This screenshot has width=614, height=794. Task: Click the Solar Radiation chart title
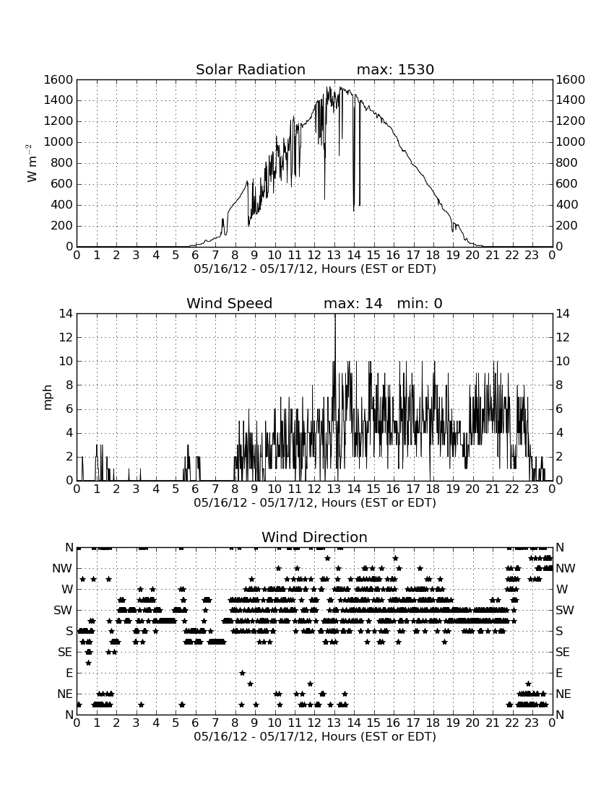tap(250, 69)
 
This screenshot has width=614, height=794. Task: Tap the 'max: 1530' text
tap(395, 69)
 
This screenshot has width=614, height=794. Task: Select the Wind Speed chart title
tap(229, 303)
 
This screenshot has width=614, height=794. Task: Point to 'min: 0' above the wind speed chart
tap(420, 303)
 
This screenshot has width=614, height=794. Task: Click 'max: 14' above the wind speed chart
tap(353, 303)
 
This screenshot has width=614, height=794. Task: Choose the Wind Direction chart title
tap(314, 537)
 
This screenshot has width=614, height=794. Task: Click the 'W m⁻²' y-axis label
tap(31, 163)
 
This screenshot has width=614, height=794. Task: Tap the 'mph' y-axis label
tap(48, 398)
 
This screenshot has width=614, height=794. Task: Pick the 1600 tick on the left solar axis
tap(59, 80)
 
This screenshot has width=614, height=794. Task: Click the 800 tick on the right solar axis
tap(567, 163)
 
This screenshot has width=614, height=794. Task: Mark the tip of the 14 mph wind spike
tap(335, 315)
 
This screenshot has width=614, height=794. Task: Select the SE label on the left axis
tap(65, 653)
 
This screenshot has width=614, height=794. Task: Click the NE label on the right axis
tap(563, 694)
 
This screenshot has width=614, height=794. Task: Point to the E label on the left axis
tap(69, 673)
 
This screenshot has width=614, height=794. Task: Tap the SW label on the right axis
tap(565, 611)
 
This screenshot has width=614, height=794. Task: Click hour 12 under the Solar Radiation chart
tap(315, 256)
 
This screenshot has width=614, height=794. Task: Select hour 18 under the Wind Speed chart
tap(433, 489)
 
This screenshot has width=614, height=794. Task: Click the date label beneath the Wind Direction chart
tap(315, 736)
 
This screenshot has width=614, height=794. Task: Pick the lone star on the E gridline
tap(242, 673)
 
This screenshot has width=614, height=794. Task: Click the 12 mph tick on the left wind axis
tap(66, 338)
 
